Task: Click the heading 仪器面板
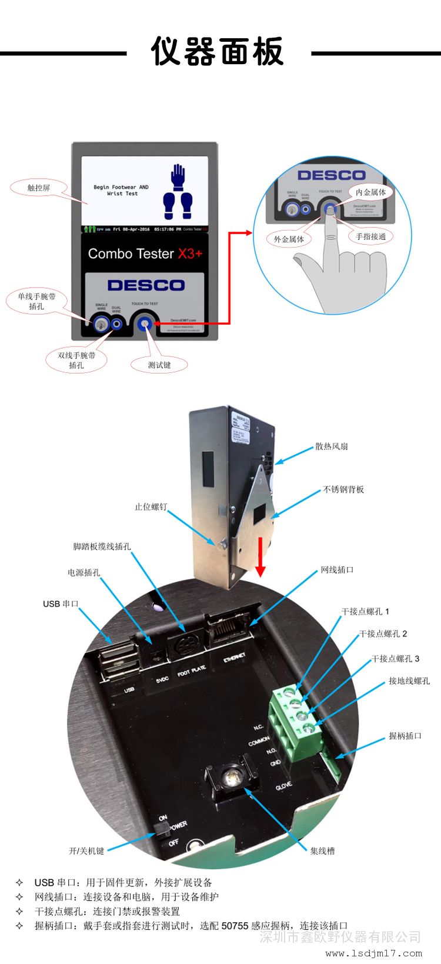pyautogui.click(x=218, y=52)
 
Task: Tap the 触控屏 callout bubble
pyautogui.click(x=38, y=188)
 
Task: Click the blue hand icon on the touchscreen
pyautogui.click(x=178, y=175)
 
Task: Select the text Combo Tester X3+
pyautogui.click(x=145, y=253)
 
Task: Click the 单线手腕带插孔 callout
pyautogui.click(x=36, y=301)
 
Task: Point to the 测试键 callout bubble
pyautogui.click(x=159, y=365)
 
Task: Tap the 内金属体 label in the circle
pyautogui.click(x=371, y=192)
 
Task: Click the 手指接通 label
pyautogui.click(x=371, y=236)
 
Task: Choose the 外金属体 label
pyautogui.click(x=289, y=239)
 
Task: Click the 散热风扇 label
pyautogui.click(x=332, y=446)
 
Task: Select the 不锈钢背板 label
pyautogui.click(x=343, y=489)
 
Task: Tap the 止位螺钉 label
pyautogui.click(x=151, y=506)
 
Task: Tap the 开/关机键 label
pyautogui.click(x=86, y=850)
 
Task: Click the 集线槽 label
pyautogui.click(x=322, y=850)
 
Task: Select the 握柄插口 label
pyautogui.click(x=405, y=736)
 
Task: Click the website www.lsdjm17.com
pyautogui.click(x=373, y=953)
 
